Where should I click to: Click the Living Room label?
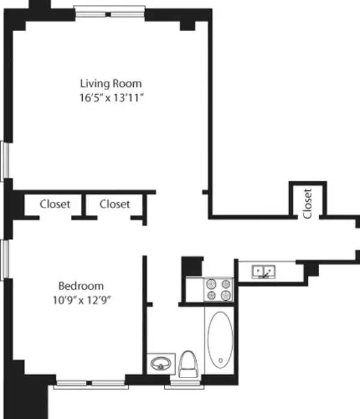coord(111,83)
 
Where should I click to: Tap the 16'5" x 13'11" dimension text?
coord(112,98)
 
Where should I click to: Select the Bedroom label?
coord(81,286)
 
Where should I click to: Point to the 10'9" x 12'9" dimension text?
coord(82,300)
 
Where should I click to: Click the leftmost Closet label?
coord(55,204)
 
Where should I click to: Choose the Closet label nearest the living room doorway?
coord(115,204)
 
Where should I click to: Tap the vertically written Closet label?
coord(308,203)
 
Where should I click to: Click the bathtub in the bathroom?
coord(220,340)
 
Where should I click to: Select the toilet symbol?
coord(188,364)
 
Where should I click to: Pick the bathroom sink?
coord(161,364)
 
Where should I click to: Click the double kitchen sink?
coord(263,272)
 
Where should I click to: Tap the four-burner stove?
coord(218,290)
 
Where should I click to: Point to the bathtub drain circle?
coord(221,361)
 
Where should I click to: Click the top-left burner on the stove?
coord(211,283)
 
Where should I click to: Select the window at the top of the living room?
coord(109,12)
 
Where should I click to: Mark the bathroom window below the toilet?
coord(184,385)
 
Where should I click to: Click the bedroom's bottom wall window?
coord(91,384)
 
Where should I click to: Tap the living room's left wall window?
coord(5,160)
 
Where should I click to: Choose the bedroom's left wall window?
coord(5,259)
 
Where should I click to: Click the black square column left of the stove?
coord(192,266)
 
